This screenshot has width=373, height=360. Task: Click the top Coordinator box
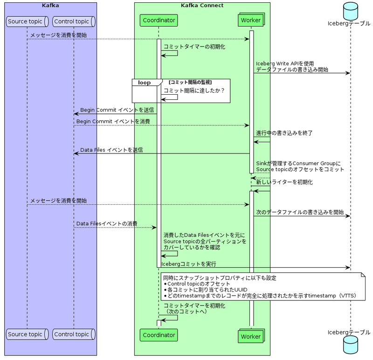(159, 21)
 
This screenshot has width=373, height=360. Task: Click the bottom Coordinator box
(159, 335)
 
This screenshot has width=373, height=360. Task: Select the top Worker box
(250, 21)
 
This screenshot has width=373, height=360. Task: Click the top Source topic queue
(27, 21)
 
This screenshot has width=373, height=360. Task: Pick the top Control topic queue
(73, 21)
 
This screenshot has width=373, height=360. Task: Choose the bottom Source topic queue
(27, 334)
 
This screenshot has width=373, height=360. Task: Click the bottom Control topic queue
(73, 334)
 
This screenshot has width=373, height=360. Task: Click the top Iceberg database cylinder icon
(350, 10)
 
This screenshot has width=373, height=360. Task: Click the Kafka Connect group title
(202, 6)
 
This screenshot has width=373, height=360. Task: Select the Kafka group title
(50, 6)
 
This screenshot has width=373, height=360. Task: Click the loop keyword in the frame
(144, 83)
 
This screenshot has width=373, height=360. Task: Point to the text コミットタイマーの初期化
(194, 47)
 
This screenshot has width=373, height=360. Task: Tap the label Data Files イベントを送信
(111, 150)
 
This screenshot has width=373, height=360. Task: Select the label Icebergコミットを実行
(189, 264)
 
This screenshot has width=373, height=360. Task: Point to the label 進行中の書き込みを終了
(284, 133)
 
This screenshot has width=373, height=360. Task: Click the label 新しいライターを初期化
(284, 182)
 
